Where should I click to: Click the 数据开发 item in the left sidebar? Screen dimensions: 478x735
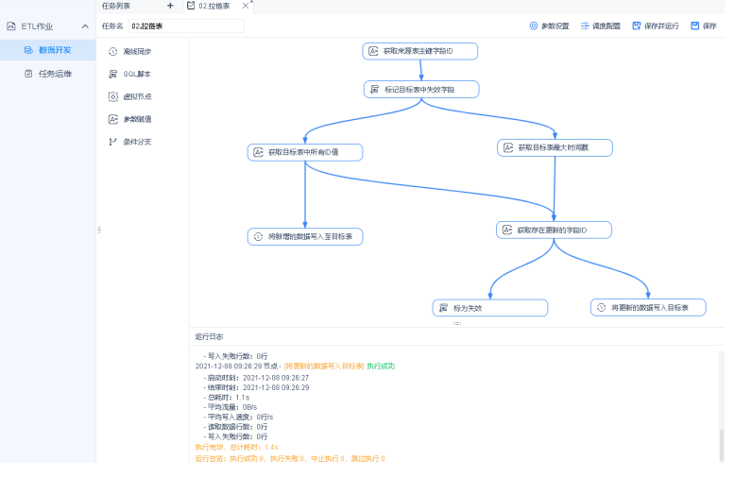pos(54,50)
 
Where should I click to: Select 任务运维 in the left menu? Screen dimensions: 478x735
pos(54,74)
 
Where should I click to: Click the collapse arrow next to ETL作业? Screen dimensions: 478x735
pos(85,26)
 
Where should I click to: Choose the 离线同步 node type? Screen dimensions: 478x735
pos(136,51)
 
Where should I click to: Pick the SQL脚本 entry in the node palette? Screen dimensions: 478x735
pos(136,74)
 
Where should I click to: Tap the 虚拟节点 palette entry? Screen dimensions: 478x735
pos(136,96)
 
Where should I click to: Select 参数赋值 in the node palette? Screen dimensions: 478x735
pos(136,119)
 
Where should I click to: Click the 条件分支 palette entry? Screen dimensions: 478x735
pos(136,142)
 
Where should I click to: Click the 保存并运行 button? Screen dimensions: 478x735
pos(656,26)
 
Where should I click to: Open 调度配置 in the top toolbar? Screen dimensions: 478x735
pos(601,26)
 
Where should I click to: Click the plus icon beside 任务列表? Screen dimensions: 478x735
pos(170,6)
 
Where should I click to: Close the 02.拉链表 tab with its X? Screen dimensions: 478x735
pos(246,6)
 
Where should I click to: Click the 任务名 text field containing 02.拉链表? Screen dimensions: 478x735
pos(185,26)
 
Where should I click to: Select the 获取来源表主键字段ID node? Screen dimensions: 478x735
pos(420,51)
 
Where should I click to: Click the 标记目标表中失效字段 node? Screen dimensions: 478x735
pos(421,89)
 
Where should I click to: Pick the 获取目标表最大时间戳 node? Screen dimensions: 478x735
pos(556,147)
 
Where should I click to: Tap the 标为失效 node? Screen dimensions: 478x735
pos(490,308)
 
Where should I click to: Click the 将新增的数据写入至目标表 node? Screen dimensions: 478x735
pos(305,236)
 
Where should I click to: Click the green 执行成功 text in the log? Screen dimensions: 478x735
pos(381,366)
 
